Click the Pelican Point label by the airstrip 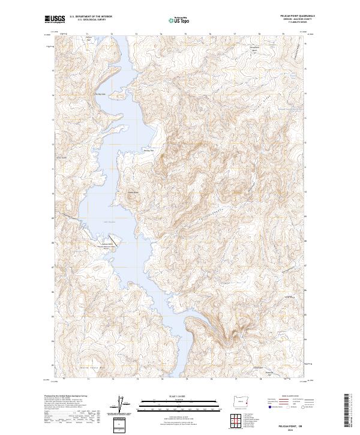107,243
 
